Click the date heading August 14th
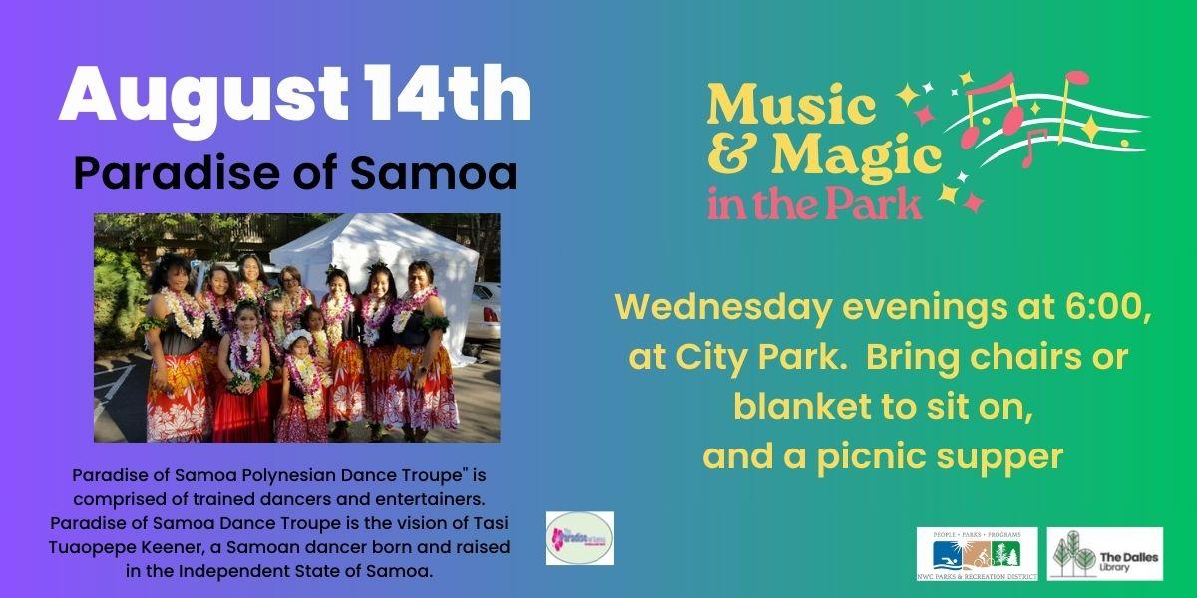tap(294, 96)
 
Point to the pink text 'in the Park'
tap(814, 203)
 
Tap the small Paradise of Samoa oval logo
tap(581, 538)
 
